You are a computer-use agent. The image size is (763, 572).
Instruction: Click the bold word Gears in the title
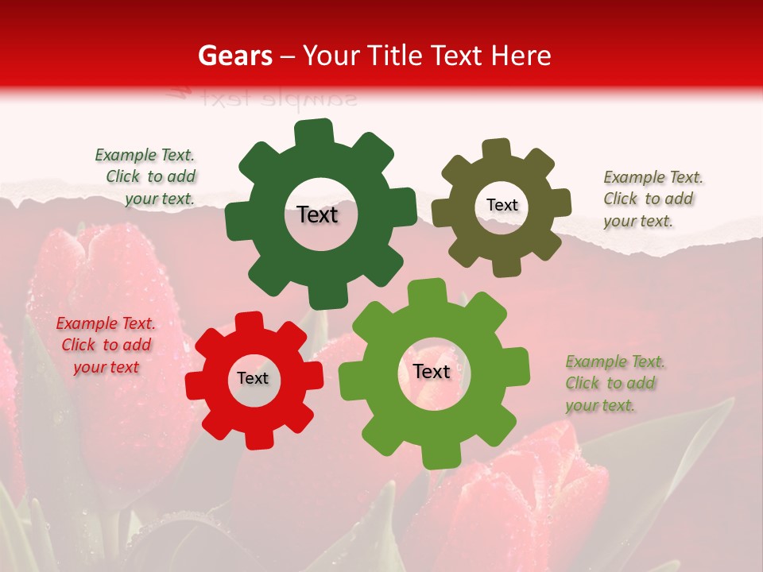tap(234, 56)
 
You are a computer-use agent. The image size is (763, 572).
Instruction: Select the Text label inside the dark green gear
tap(317, 214)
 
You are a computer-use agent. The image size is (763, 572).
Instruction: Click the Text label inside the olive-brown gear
tap(502, 205)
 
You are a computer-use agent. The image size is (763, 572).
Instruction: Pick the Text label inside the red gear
tap(253, 378)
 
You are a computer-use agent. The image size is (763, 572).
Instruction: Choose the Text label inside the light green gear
tap(432, 371)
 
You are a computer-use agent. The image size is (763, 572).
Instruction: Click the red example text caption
tap(106, 345)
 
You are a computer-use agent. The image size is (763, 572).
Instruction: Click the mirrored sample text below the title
tap(262, 98)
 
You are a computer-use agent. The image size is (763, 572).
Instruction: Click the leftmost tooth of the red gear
tap(196, 385)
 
